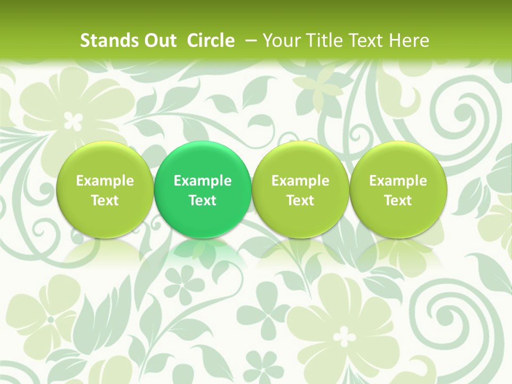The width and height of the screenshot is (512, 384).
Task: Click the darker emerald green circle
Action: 203,189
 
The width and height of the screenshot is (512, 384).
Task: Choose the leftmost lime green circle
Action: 105,189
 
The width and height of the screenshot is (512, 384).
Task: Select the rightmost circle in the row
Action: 398,189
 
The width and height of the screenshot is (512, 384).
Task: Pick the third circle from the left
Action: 300,189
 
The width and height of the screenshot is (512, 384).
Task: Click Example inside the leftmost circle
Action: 105,181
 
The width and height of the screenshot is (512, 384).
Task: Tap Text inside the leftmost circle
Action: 105,201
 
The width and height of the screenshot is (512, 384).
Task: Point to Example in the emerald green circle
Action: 203,181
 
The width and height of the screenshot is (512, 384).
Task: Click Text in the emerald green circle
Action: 203,201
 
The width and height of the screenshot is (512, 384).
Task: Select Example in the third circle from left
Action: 300,181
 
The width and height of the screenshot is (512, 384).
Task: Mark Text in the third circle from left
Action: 300,201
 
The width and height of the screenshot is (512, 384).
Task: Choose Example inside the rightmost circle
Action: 398,181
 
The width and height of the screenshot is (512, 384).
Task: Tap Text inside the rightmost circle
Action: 398,201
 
